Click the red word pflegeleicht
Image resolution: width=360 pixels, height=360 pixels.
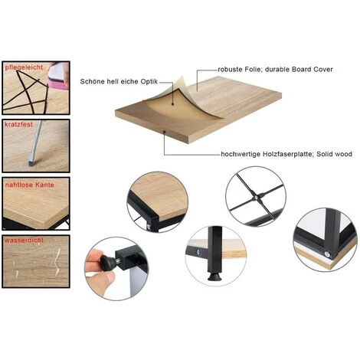(x=24, y=68)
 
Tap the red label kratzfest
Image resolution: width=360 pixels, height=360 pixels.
(x=18, y=125)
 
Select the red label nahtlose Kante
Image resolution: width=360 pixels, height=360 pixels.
(x=30, y=185)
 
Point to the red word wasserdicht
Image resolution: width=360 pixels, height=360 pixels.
(x=24, y=241)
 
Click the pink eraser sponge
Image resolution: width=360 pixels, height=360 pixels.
(x=58, y=77)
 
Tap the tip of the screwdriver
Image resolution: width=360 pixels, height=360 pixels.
(x=31, y=164)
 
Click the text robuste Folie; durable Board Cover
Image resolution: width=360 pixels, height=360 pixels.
(x=275, y=70)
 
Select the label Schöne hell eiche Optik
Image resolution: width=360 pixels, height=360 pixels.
(x=119, y=81)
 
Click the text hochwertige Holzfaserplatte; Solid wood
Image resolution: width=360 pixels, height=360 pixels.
(x=286, y=154)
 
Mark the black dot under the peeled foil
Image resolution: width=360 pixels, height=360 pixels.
(x=172, y=104)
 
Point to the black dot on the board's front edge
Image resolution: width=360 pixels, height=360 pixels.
(x=165, y=132)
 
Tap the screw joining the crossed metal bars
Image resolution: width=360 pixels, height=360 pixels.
(x=256, y=197)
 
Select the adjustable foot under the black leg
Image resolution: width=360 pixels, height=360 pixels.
(x=214, y=277)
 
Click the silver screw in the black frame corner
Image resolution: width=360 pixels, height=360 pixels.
(x=327, y=254)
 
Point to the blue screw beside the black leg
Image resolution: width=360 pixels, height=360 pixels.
(x=197, y=253)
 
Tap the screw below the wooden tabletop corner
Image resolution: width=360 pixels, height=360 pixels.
(x=149, y=226)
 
